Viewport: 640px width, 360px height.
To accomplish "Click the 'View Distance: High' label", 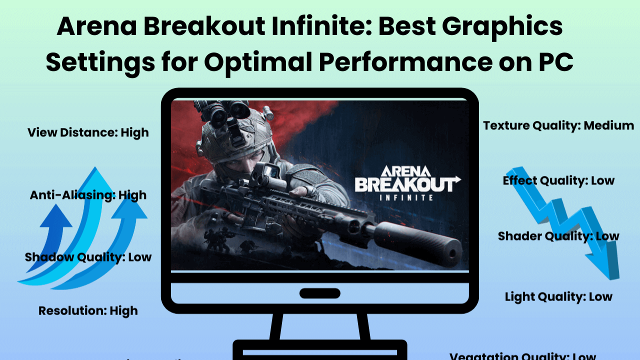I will (88, 132).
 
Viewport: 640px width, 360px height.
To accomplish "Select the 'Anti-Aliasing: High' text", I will (88, 195).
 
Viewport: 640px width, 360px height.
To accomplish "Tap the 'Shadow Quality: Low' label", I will (88, 257).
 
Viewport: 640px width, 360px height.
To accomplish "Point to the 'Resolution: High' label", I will (88, 310).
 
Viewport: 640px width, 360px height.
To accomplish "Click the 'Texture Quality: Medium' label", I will (558, 125).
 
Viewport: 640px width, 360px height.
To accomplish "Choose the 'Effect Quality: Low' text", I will (558, 180).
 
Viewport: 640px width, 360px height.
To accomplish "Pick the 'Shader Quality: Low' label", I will (558, 236).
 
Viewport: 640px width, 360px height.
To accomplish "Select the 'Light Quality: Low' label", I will (558, 296).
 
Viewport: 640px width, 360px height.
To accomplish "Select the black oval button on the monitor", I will (319, 293).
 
